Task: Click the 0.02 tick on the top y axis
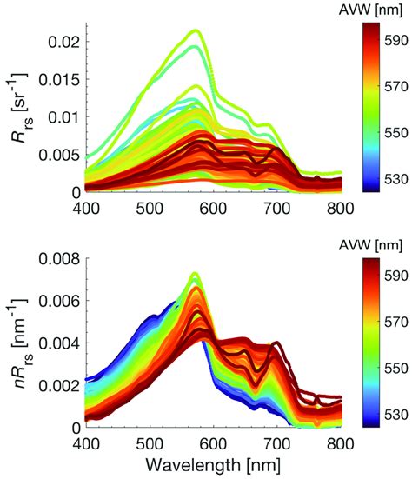(63, 42)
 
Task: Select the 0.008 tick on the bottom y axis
(60, 258)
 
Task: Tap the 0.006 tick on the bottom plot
(60, 301)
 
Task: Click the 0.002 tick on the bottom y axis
(60, 385)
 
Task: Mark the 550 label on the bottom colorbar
(395, 367)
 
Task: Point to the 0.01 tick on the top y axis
(63, 116)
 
